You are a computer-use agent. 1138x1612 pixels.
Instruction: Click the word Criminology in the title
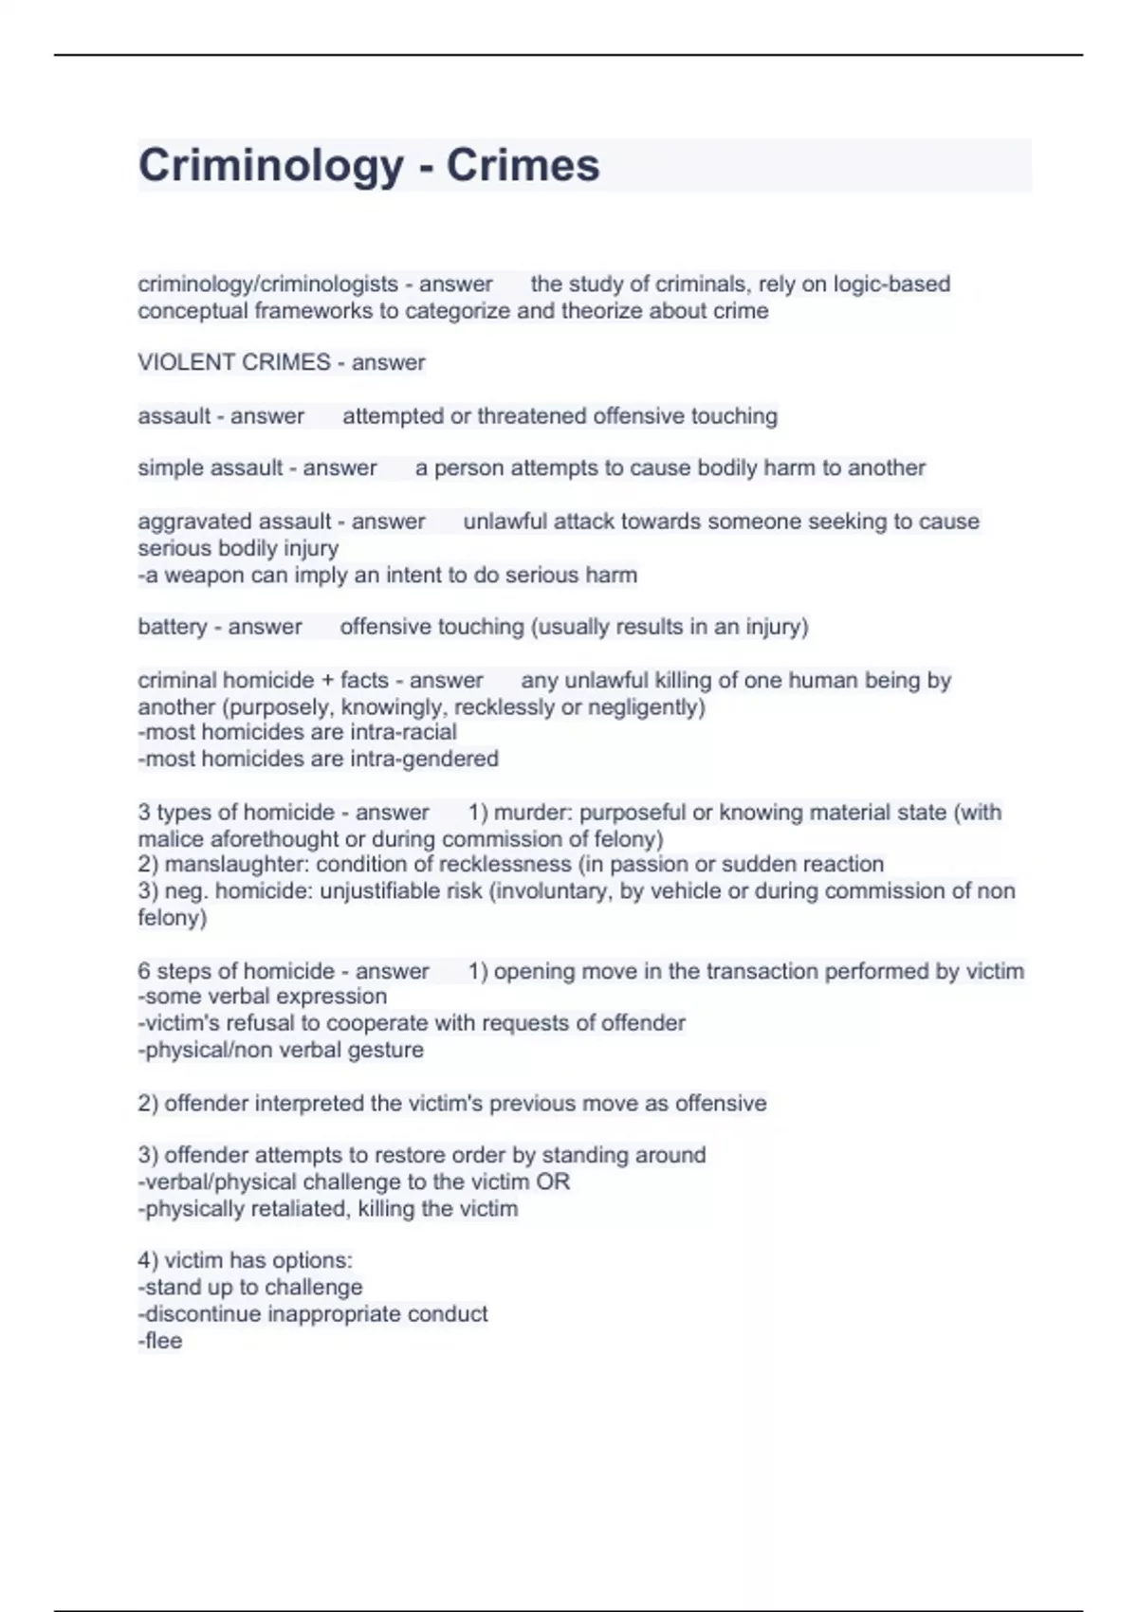[271, 166]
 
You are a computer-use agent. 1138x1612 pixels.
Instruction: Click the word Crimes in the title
[523, 166]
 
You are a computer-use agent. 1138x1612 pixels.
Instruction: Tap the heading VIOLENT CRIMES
[234, 362]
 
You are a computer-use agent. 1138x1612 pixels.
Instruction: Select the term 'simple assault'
[211, 467]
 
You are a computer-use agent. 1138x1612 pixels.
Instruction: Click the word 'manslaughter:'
[237, 864]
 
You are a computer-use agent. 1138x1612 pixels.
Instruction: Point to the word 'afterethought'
[289, 838]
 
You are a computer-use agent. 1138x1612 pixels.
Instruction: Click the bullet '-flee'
[160, 1341]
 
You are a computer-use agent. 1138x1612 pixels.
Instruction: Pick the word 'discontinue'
[203, 1314]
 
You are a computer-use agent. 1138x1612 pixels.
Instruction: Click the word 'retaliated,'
[294, 1209]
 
